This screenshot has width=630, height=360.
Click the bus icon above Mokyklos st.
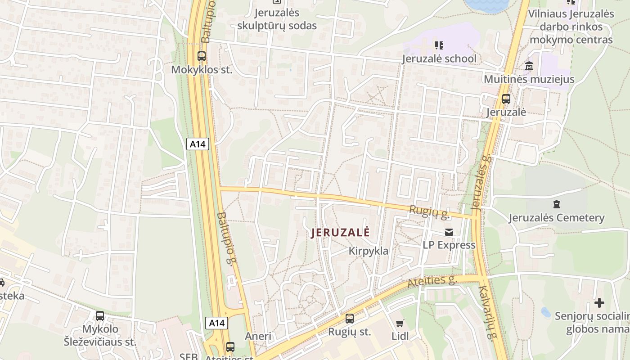202,57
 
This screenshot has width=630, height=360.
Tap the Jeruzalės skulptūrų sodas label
277,19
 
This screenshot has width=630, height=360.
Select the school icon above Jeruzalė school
439,45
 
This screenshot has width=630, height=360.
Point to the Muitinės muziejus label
529,79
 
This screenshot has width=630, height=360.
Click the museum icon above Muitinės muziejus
529,66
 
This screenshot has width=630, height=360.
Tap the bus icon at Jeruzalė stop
506,99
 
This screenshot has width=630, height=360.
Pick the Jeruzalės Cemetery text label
556,218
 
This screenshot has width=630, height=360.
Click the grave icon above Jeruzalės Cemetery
557,204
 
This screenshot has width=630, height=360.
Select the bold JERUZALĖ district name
340,233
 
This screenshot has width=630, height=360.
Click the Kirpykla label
368,251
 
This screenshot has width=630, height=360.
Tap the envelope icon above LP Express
449,232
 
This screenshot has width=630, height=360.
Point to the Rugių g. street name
429,212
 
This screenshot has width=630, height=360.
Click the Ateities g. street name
432,282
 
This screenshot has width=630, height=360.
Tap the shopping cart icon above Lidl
400,323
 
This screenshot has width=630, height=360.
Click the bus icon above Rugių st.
349,319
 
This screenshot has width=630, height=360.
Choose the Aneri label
258,336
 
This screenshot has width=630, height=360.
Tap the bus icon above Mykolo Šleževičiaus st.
100,316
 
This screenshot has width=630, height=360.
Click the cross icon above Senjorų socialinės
599,303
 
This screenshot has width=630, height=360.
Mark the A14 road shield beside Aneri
216,323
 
